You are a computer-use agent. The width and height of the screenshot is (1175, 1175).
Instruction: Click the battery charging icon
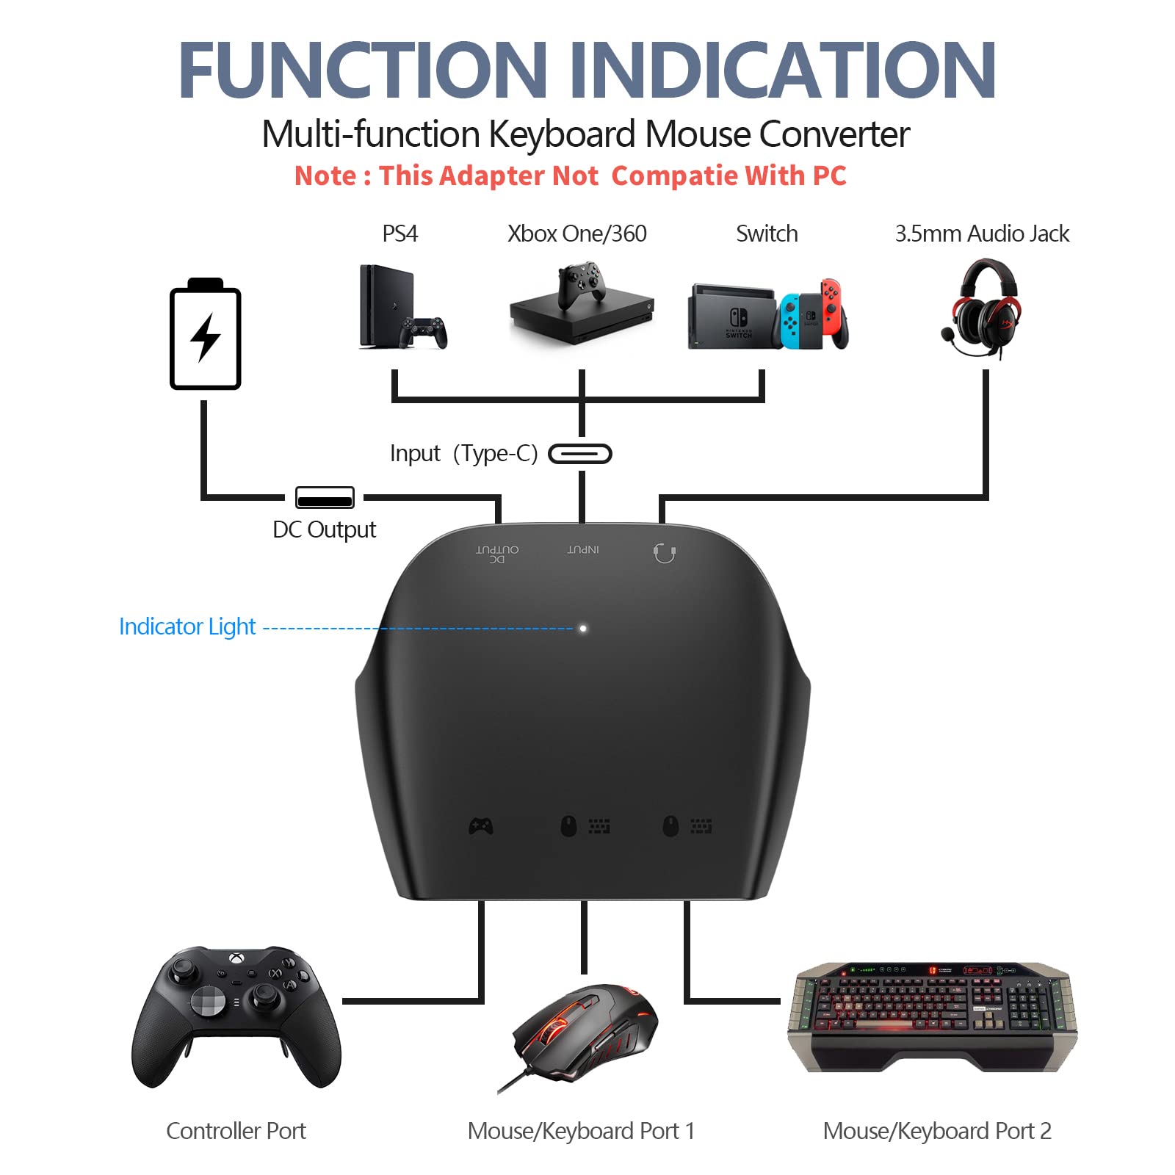pos(206,333)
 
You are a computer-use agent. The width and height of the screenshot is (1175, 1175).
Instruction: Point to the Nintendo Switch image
pos(768,314)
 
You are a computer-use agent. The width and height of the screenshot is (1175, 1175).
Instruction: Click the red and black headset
pos(983,308)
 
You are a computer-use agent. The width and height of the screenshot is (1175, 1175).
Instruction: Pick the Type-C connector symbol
pos(580,454)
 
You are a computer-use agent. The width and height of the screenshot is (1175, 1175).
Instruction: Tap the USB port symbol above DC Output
pos(325,497)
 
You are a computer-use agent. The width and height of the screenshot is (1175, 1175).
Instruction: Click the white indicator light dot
pos(583,629)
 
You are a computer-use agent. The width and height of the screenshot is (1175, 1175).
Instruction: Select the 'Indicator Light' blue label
pos(187,626)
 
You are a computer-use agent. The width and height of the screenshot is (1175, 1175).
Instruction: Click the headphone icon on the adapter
pos(665,552)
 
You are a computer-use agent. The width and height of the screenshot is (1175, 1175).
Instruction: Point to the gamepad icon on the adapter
pos(481,826)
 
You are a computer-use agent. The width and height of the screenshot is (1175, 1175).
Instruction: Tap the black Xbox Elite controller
pos(236,1017)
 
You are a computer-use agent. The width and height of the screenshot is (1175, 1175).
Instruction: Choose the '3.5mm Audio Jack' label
pos(982,234)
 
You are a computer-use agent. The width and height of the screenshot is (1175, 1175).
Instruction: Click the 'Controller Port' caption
pos(236,1131)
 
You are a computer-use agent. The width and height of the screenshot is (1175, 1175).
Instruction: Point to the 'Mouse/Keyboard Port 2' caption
pos(937,1132)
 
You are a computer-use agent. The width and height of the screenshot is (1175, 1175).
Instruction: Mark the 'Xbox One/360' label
pos(577,234)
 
